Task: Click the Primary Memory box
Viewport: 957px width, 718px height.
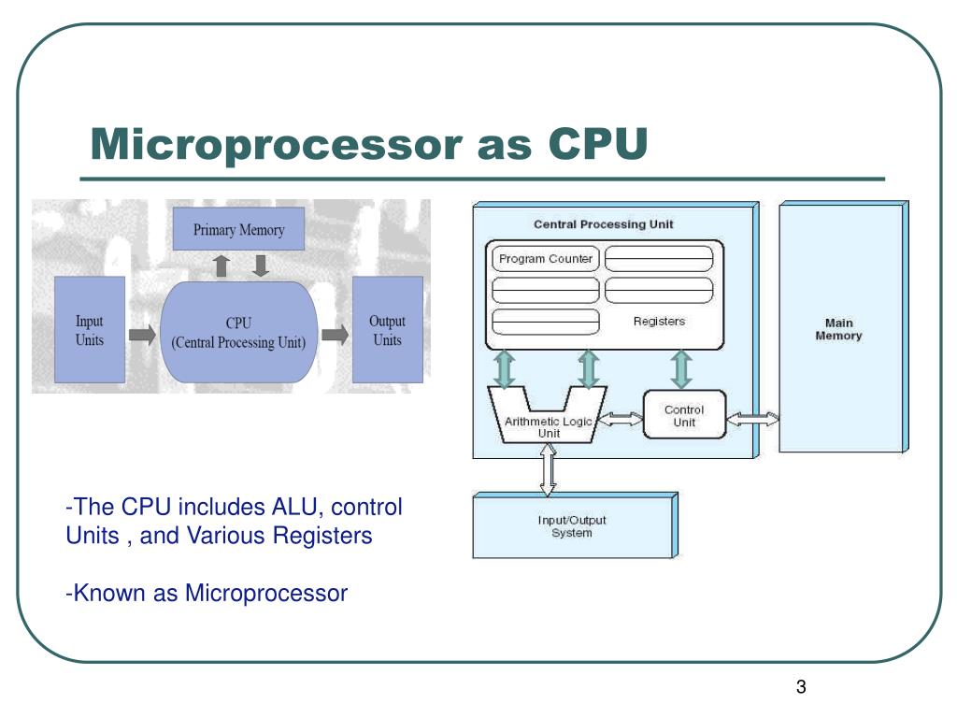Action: click(x=238, y=229)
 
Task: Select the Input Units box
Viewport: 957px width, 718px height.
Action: click(x=90, y=330)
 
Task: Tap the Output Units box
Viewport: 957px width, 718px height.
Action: click(x=388, y=330)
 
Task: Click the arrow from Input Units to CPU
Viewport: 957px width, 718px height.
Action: click(x=143, y=335)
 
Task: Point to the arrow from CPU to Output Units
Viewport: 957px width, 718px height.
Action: click(x=336, y=334)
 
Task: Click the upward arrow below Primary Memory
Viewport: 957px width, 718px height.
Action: click(x=221, y=266)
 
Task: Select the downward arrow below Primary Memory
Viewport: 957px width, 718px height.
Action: click(x=261, y=266)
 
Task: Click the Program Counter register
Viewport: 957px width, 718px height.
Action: click(x=546, y=259)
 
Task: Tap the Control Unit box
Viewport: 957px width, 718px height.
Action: click(x=684, y=415)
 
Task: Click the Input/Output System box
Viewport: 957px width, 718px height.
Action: click(x=575, y=525)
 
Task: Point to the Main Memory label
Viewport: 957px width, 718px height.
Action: click(x=838, y=329)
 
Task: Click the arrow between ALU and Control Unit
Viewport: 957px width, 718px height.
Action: click(x=621, y=419)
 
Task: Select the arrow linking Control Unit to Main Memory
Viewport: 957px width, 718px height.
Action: click(x=752, y=419)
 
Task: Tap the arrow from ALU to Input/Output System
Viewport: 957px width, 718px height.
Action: click(x=548, y=469)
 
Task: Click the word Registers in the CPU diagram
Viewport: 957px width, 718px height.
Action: click(x=659, y=322)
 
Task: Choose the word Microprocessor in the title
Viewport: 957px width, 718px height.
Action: click(x=276, y=144)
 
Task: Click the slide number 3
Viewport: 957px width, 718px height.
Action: click(x=801, y=687)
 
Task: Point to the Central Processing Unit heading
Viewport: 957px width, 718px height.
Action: click(x=603, y=224)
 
